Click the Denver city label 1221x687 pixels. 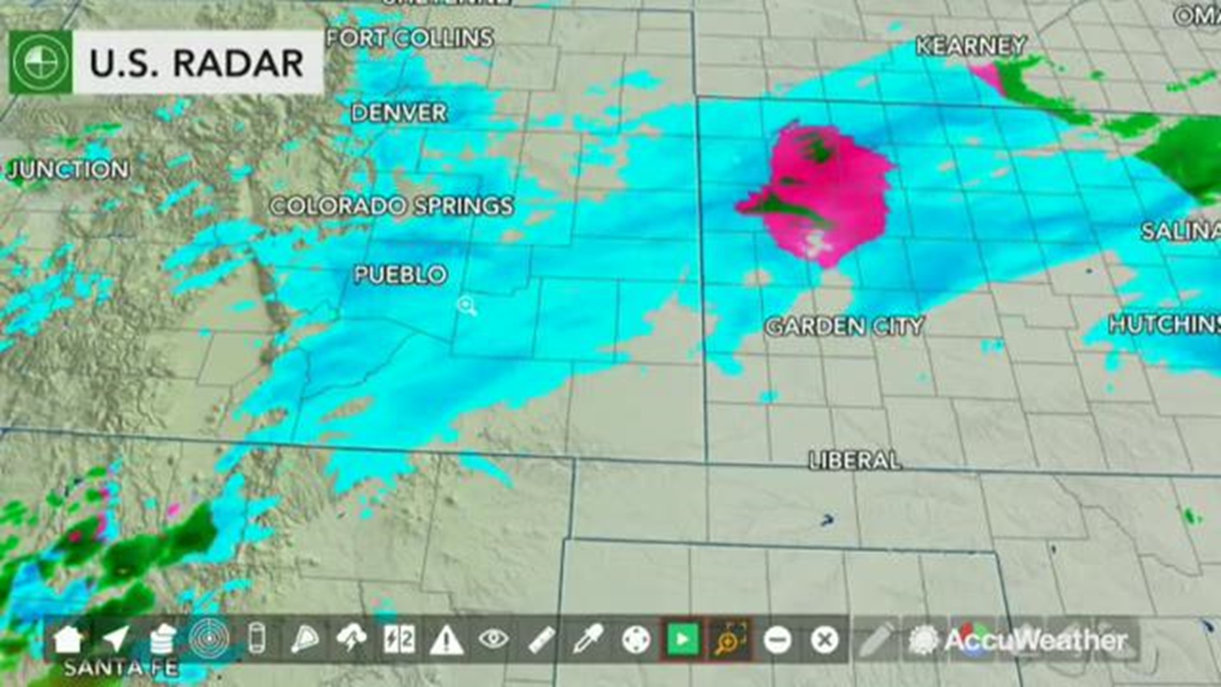point(399,113)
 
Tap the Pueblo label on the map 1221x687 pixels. point(401,275)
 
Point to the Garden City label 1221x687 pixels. point(844,327)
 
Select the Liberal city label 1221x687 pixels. point(855,461)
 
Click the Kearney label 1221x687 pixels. point(970,46)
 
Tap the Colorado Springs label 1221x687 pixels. point(391,206)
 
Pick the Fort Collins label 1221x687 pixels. point(410,38)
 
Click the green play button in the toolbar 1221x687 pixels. point(682,639)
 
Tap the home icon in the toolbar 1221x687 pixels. point(69,639)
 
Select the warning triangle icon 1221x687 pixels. point(446,640)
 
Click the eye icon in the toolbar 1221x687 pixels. point(493,639)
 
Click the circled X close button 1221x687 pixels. point(824,640)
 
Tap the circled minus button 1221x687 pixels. point(777,640)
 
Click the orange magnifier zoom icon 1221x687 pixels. point(729,640)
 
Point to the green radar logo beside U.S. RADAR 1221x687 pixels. point(40,63)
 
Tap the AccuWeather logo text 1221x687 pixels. point(1035,640)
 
